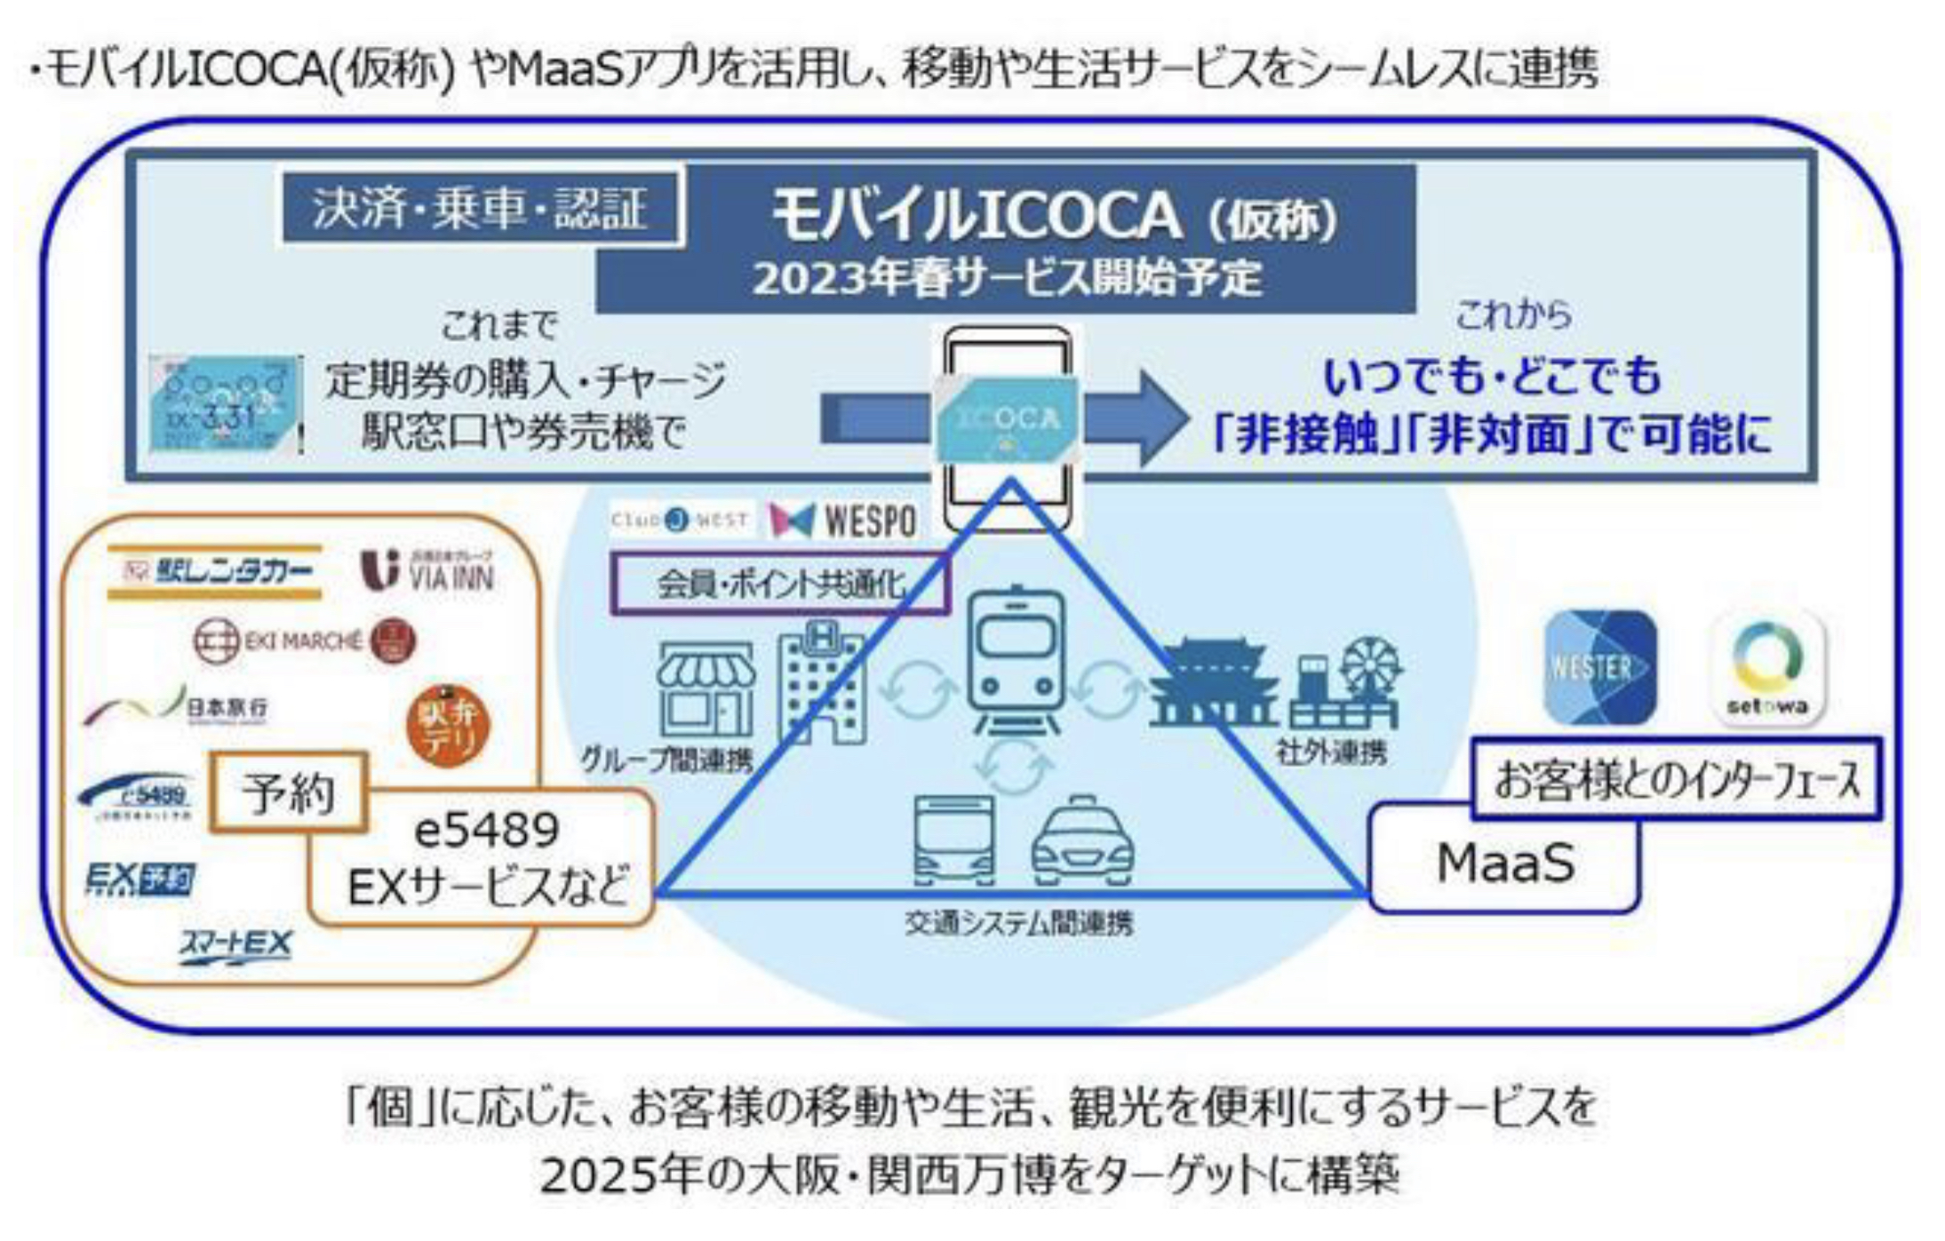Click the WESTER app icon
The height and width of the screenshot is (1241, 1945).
[x=1599, y=667]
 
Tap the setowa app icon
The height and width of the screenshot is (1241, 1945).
[x=1766, y=667]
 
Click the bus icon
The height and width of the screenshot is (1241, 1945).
[x=954, y=840]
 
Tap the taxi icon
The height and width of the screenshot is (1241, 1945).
[x=1081, y=842]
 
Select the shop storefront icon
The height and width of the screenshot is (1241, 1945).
[x=705, y=689]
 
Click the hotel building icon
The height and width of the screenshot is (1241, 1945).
[x=822, y=682]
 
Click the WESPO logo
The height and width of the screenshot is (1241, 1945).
[x=842, y=521]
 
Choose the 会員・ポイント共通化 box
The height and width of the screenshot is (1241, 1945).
[x=779, y=584]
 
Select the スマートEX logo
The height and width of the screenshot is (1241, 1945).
[x=235, y=944]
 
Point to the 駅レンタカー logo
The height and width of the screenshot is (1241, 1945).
[x=214, y=571]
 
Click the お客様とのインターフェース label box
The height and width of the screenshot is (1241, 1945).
[x=1676, y=779]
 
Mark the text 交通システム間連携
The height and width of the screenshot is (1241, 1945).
[x=1018, y=924]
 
